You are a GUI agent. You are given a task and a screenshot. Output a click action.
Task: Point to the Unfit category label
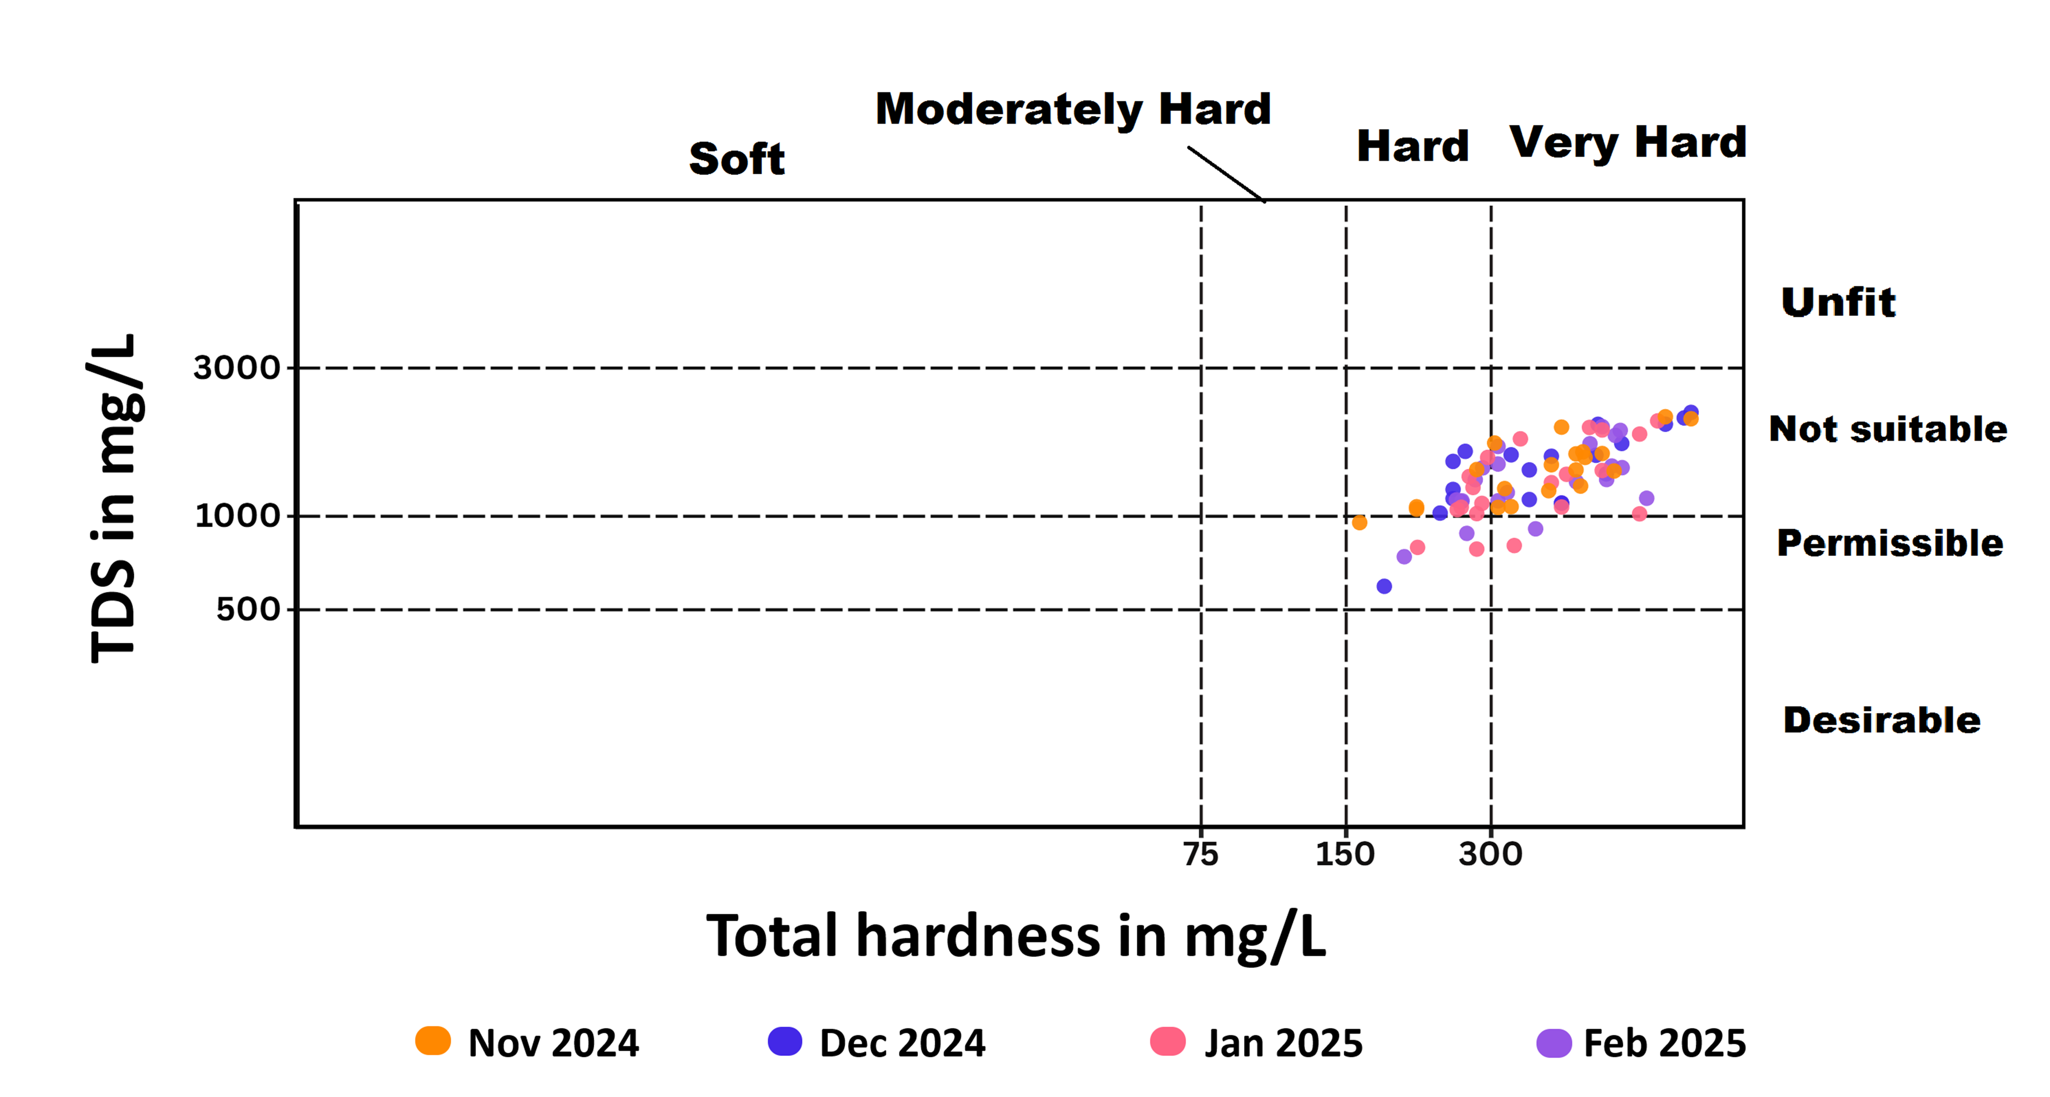1838,303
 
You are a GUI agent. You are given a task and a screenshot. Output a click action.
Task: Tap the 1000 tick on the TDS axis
237,516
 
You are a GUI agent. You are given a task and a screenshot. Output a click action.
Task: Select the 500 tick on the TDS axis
247,610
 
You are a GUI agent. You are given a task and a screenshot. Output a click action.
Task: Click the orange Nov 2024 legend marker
433,1041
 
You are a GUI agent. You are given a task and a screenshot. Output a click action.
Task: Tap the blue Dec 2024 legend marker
785,1041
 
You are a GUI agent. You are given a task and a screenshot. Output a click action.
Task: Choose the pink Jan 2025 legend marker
1167,1041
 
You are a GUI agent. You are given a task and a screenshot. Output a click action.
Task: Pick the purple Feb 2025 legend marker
1553,1042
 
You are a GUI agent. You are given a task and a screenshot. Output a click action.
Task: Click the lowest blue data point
1384,586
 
